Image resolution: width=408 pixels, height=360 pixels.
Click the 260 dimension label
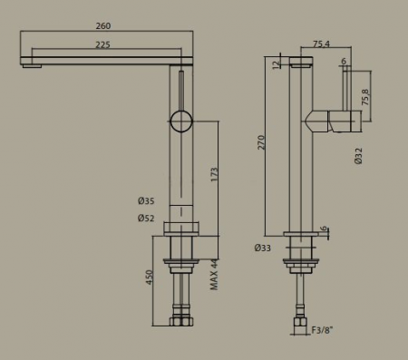103,26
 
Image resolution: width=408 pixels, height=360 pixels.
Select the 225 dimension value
103,44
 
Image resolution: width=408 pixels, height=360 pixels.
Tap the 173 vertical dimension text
214,174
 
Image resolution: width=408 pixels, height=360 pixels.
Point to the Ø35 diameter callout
146,201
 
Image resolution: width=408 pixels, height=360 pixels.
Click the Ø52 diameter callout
146,218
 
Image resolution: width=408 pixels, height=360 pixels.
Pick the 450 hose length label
150,277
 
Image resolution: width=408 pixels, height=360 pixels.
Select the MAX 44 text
214,275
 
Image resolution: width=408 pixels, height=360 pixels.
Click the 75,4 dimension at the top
322,44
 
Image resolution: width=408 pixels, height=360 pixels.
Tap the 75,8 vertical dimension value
365,97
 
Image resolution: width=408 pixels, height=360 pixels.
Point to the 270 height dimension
261,142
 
